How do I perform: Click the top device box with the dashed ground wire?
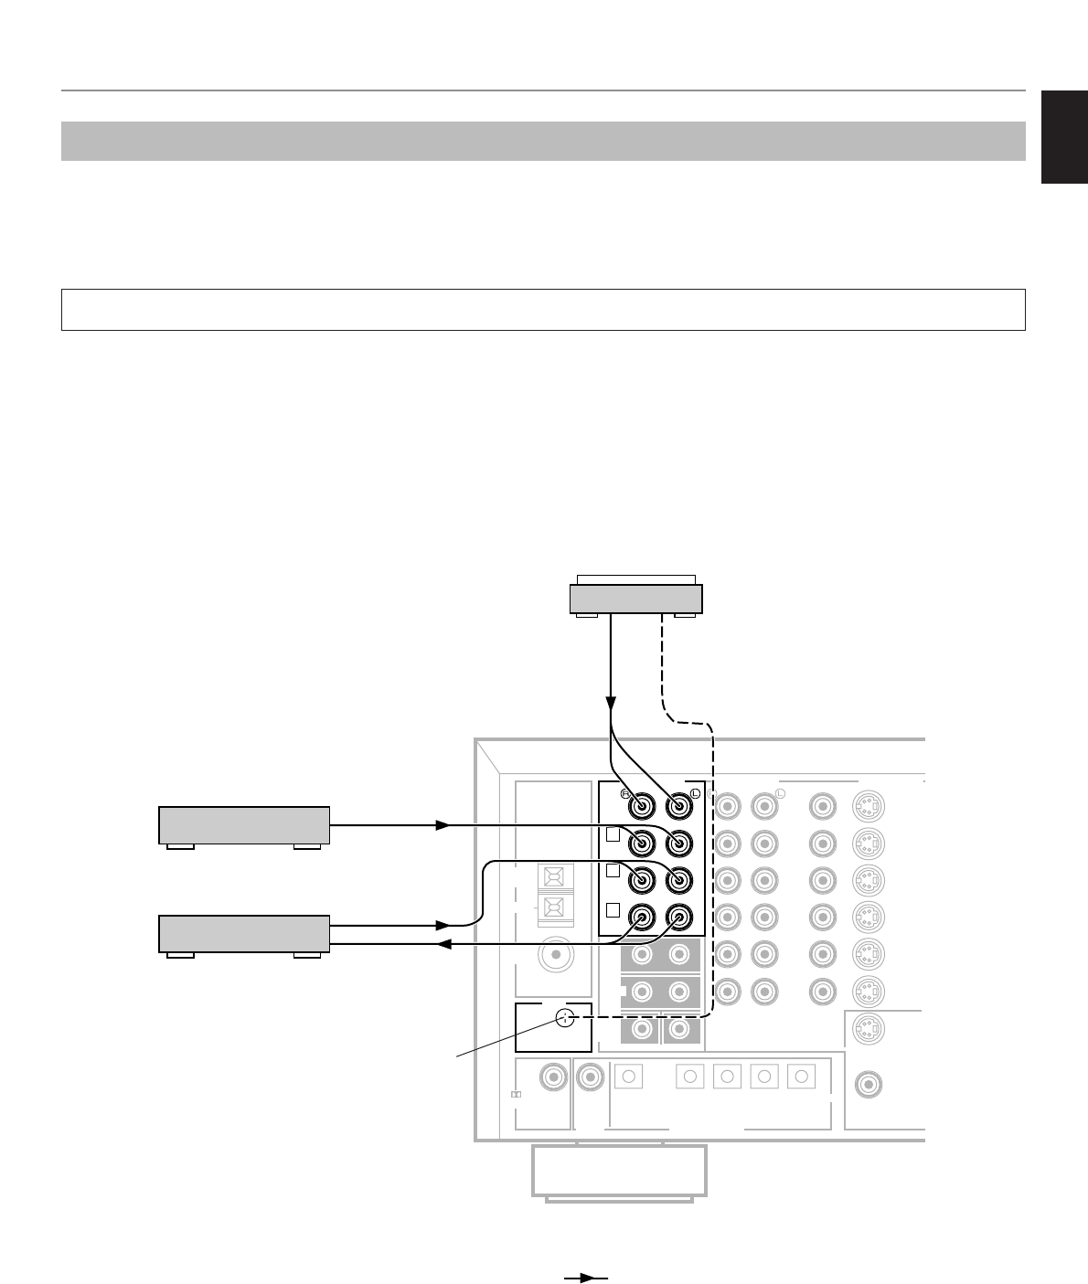(635, 599)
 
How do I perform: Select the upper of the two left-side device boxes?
(244, 825)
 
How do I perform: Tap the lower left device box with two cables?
(244, 933)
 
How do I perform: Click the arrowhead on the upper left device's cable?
(443, 825)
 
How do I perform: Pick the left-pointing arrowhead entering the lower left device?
(442, 945)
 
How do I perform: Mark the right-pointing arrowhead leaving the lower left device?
(443, 925)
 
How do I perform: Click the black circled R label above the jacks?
(626, 793)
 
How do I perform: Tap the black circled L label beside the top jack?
(695, 793)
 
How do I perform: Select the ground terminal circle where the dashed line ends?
(565, 1017)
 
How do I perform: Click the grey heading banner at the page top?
(543, 141)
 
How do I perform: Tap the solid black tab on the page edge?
(1064, 137)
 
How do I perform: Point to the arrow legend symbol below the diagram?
(586, 1279)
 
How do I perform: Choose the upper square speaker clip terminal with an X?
(555, 878)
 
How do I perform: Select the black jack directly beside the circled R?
(642, 807)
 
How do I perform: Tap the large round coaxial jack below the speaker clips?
(554, 957)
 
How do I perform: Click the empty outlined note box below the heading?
(543, 310)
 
